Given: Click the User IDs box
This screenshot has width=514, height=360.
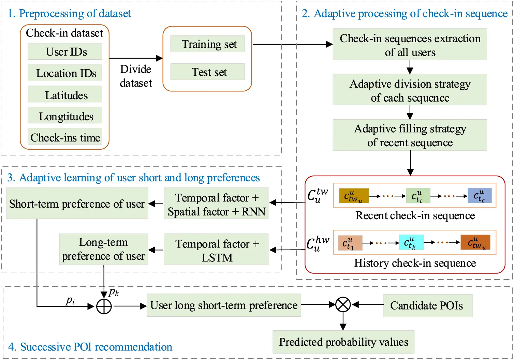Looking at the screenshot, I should click(65, 51).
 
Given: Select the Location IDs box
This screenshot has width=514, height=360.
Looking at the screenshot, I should click(65, 73).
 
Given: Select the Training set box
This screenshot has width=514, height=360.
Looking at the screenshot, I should click(207, 44).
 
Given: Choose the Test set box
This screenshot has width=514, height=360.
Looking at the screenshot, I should click(207, 72).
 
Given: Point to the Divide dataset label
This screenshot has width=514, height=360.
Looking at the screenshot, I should click(136, 76).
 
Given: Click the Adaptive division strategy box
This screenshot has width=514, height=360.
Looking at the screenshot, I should click(410, 90).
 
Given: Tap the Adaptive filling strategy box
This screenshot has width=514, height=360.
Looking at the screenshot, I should click(410, 135).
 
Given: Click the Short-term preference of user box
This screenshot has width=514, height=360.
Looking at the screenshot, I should click(77, 204).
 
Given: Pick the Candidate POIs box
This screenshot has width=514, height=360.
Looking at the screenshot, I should click(428, 305).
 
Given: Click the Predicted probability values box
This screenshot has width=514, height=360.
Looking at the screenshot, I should click(343, 342).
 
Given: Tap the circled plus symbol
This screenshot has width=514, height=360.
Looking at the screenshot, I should click(104, 306).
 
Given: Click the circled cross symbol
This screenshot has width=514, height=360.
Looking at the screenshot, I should click(343, 305).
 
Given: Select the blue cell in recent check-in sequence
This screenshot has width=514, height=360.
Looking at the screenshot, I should click(480, 196).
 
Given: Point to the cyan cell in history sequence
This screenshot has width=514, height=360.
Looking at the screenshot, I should click(411, 242).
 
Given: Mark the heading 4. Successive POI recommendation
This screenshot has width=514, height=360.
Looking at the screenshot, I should click(90, 347).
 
